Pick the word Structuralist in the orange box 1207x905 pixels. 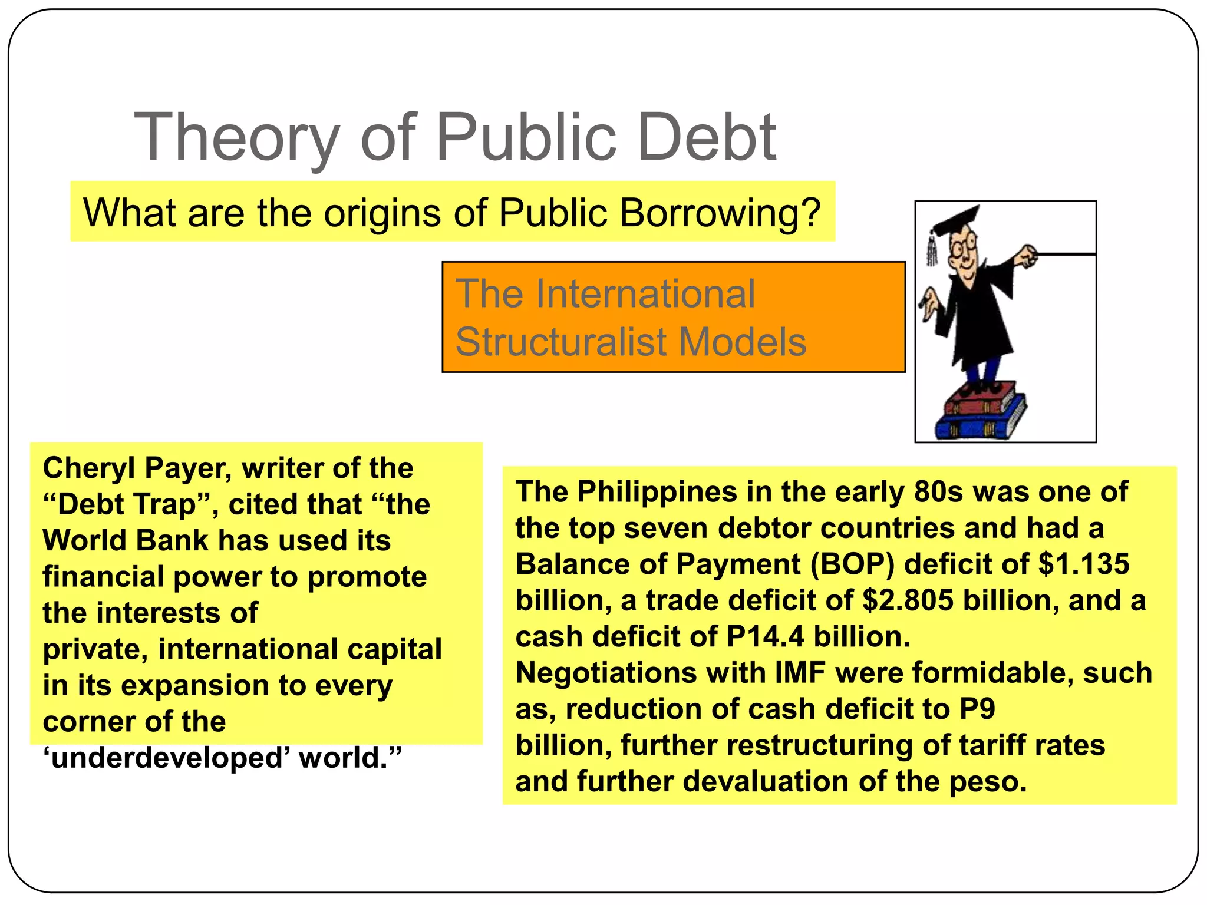560,342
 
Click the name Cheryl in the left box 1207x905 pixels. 88,468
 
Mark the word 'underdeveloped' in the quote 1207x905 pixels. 165,758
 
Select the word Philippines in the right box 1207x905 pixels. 657,492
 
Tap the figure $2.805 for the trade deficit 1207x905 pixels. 908,601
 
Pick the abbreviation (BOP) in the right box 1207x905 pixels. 852,564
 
